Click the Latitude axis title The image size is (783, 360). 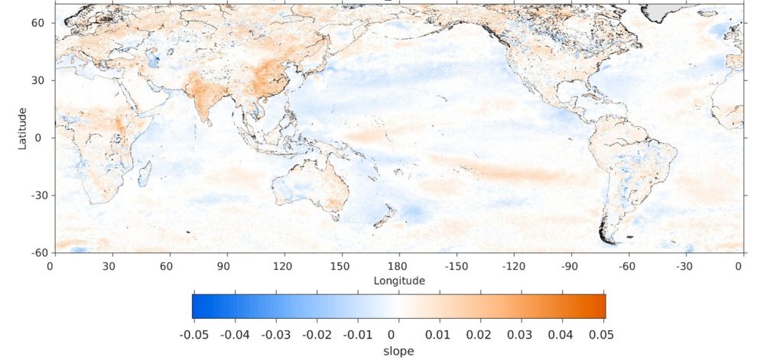(x=24, y=128)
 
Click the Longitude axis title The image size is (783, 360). (x=399, y=281)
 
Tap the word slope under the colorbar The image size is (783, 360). (x=398, y=351)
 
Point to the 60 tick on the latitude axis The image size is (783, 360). (x=37, y=23)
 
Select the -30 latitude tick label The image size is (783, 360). (x=34, y=195)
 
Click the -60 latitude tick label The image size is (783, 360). (x=34, y=252)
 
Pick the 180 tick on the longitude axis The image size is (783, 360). (x=399, y=266)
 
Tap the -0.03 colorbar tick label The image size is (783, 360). (x=275, y=335)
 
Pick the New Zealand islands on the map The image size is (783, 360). (x=383, y=214)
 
